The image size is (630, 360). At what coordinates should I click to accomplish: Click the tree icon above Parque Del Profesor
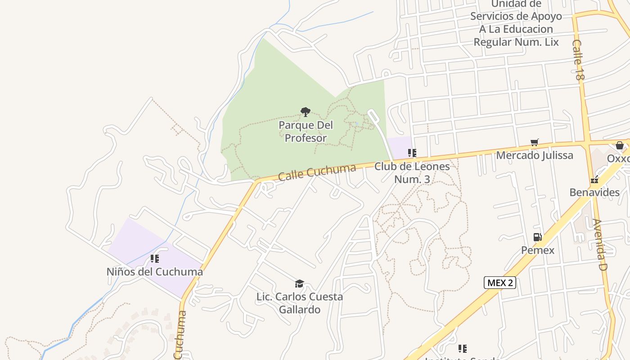pyautogui.click(x=306, y=112)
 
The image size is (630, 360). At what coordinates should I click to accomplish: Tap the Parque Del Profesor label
pyautogui.click(x=306, y=131)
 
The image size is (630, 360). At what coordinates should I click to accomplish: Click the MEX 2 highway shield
pyautogui.click(x=499, y=283)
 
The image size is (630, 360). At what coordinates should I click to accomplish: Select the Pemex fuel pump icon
pyautogui.click(x=537, y=237)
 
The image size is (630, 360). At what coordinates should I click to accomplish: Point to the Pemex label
pyautogui.click(x=538, y=250)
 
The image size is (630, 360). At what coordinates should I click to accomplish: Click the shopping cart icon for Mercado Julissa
pyautogui.click(x=535, y=143)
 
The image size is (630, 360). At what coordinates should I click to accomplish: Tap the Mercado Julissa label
pyautogui.click(x=535, y=156)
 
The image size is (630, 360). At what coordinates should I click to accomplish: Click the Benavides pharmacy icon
pyautogui.click(x=594, y=180)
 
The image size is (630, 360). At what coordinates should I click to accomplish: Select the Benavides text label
pyautogui.click(x=594, y=193)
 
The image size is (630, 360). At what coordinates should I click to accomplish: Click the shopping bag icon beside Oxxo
pyautogui.click(x=620, y=145)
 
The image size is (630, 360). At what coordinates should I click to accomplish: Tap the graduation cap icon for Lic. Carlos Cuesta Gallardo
pyautogui.click(x=299, y=283)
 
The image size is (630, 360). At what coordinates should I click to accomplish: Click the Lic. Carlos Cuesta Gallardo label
pyautogui.click(x=300, y=303)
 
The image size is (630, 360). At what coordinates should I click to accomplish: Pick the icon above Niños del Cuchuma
pyautogui.click(x=155, y=259)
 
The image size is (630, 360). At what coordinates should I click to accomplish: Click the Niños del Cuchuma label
pyautogui.click(x=155, y=272)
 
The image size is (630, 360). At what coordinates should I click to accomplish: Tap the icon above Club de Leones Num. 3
pyautogui.click(x=412, y=153)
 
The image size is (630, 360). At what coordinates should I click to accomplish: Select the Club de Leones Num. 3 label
pyautogui.click(x=412, y=173)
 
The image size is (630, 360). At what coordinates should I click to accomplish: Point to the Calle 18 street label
pyautogui.click(x=578, y=60)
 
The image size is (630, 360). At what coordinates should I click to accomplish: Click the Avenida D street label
pyautogui.click(x=600, y=245)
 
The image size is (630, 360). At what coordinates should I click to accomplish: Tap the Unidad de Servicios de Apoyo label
pyautogui.click(x=516, y=23)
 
